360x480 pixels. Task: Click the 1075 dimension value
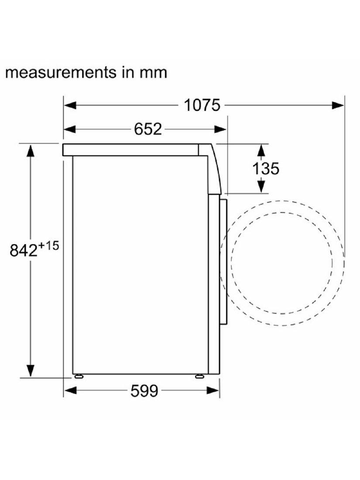202,105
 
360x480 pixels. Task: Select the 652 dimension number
148,129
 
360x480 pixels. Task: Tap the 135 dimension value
266,168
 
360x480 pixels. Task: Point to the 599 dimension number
144,391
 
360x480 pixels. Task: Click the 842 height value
23,250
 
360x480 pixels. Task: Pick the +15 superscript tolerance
48,246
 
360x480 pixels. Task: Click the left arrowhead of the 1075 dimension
70,105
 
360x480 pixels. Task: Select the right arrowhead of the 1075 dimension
338,105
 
